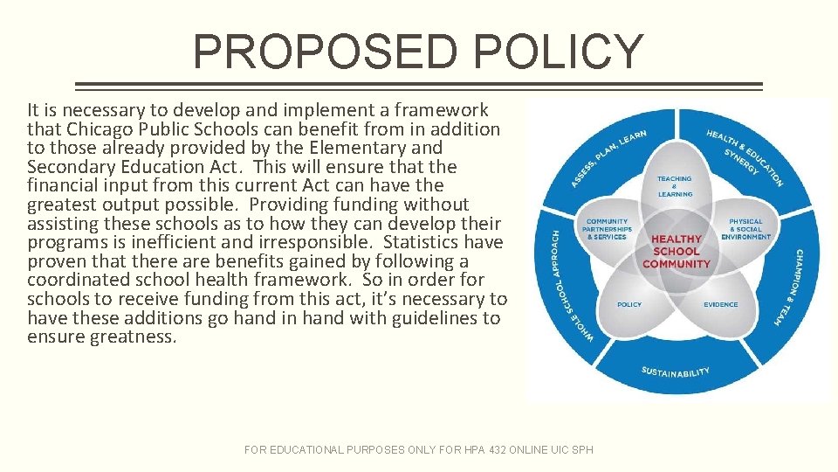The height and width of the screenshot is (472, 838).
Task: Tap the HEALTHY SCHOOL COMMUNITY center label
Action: coord(677,251)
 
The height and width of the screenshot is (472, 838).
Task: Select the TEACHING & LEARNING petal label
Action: coord(675,186)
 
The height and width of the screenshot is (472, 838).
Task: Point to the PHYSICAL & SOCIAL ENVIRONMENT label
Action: coord(745,229)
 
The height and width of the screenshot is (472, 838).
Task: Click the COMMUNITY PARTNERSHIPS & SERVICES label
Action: coord(608,229)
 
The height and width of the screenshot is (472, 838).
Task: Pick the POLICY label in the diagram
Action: coord(629,305)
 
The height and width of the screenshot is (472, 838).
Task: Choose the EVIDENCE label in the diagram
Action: coord(721,305)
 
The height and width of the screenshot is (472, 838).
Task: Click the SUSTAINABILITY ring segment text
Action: coord(676,372)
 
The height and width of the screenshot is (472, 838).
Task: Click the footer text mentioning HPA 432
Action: coord(418,449)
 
